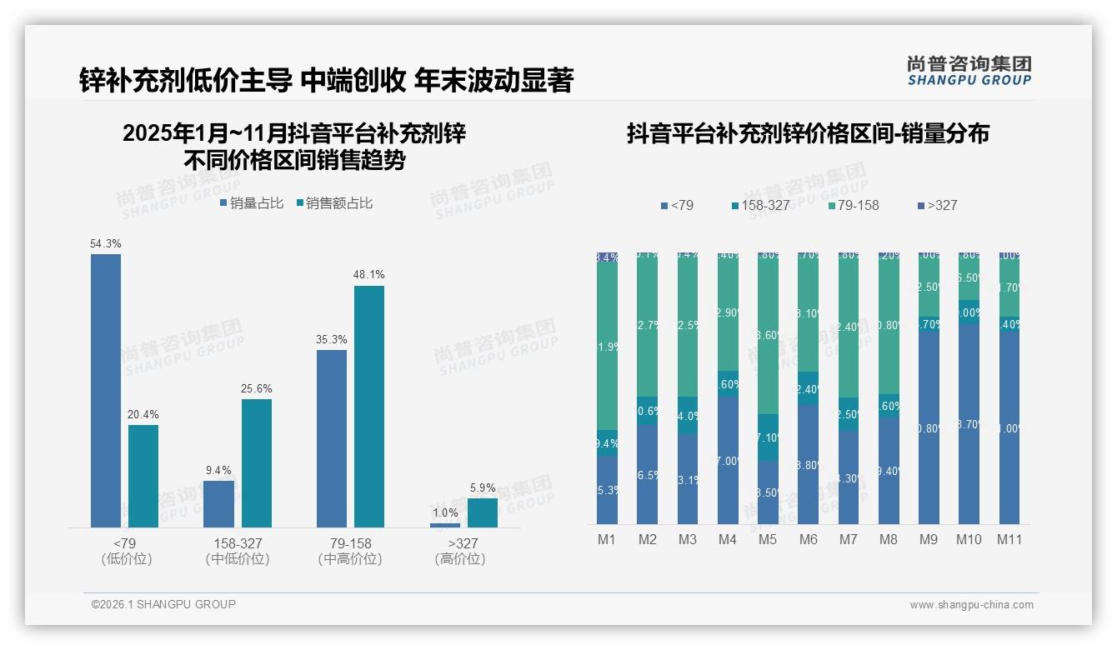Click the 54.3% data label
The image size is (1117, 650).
(106, 244)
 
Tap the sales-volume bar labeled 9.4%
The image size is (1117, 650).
(219, 504)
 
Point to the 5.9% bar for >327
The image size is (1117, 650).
(483, 512)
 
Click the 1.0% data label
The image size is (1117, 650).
(445, 513)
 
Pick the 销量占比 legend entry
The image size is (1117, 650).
(252, 203)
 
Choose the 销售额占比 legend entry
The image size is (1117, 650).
(334, 203)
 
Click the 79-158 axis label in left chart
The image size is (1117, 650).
(350, 543)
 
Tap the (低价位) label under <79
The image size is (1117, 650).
(126, 559)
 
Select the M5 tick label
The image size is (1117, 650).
(768, 539)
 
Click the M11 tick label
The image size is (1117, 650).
(1009, 539)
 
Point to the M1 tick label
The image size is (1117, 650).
(607, 539)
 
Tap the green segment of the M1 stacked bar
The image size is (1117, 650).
(607, 346)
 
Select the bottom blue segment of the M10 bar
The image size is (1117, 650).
(969, 425)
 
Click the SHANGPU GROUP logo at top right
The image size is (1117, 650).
(969, 71)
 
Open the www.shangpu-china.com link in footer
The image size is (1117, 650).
(971, 605)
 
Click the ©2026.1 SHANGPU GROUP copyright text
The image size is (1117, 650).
(163, 604)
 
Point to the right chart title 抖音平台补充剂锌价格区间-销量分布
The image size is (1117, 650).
(808, 134)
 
